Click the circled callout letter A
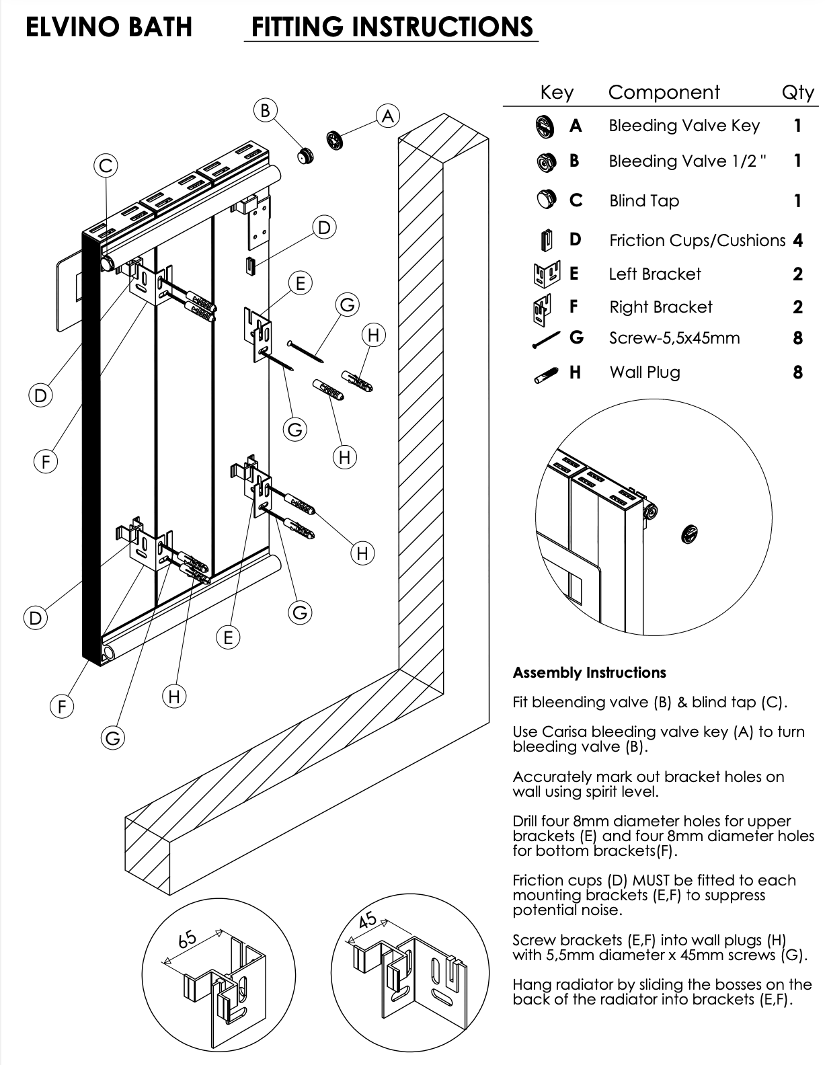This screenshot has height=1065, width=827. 388,116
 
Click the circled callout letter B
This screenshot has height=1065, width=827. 265,110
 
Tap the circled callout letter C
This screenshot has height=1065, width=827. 106,165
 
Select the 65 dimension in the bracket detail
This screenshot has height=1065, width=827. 188,937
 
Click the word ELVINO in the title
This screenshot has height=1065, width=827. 67,27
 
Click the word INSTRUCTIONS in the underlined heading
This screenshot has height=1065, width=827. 443,27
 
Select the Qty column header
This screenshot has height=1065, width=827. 798,92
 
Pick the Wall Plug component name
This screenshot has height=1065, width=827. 644,372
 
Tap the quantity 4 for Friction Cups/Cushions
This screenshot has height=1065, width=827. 798,240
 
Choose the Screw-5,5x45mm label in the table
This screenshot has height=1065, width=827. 674,338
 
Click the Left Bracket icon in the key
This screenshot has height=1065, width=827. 546,274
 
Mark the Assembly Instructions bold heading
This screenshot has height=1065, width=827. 589,672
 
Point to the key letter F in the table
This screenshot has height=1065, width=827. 574,307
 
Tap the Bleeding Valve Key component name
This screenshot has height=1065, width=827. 684,126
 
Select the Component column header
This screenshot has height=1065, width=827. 664,92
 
